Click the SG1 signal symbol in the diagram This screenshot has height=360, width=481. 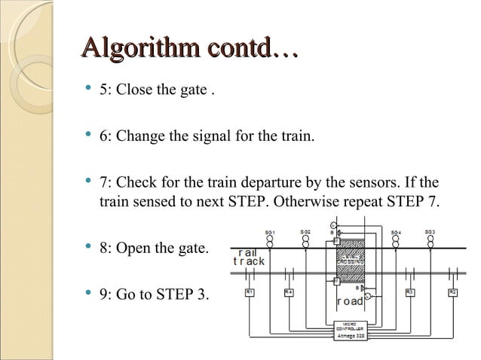coord(270,243)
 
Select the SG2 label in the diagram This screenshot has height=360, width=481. coord(305,233)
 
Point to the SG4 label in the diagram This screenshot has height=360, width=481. coord(395,233)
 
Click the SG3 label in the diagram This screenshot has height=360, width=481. coord(429,232)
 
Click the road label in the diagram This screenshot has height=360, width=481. coord(350,302)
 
